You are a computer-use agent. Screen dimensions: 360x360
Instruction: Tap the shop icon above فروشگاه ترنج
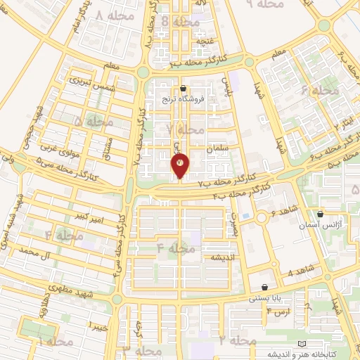(x=184, y=89)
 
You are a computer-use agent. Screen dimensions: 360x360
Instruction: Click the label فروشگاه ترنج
(x=185, y=99)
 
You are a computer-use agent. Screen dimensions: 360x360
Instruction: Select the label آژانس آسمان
(x=321, y=223)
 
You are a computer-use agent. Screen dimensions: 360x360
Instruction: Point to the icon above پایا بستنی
(x=264, y=287)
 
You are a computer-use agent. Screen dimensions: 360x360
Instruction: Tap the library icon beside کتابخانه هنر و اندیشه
(x=303, y=343)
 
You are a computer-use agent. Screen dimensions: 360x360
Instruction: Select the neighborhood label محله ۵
(x=94, y=122)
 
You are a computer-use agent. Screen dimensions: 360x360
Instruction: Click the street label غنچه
(x=205, y=40)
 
